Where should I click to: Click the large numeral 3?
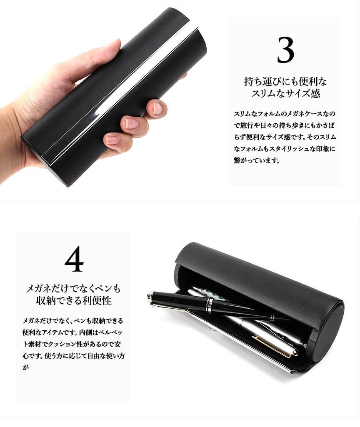(285, 50)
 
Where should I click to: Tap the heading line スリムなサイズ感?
(285, 93)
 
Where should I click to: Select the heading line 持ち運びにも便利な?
(285, 81)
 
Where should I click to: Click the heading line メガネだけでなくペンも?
(73, 288)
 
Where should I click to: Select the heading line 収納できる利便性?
(73, 300)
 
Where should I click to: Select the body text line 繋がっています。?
(257, 160)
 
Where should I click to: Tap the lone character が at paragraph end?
(25, 367)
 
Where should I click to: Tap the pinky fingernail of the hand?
(112, 140)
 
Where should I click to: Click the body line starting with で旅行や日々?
(284, 125)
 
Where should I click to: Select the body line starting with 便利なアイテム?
(72, 332)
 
